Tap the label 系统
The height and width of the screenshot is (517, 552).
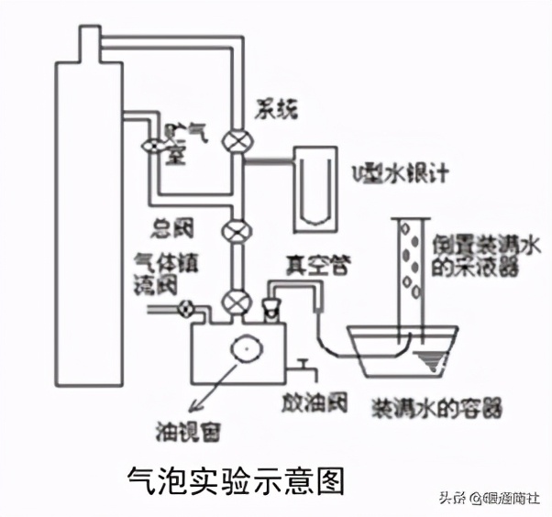coord(276,112)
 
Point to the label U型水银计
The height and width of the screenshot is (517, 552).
coord(395,173)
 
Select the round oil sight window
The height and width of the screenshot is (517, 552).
coord(246,349)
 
